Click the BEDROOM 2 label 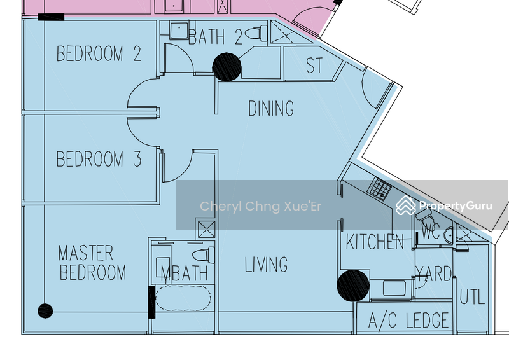point(99,53)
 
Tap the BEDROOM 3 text point(99,158)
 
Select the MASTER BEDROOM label point(92,263)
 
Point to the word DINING point(271,109)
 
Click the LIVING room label point(266,265)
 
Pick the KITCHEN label point(375,242)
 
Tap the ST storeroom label point(314,66)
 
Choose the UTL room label point(473,296)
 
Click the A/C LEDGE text point(409,321)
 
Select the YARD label point(434,274)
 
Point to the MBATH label point(184,274)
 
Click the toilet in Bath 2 point(258,33)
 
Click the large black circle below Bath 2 point(226,67)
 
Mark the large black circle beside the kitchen point(352,285)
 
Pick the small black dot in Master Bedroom point(45,311)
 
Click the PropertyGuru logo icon point(405,205)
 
